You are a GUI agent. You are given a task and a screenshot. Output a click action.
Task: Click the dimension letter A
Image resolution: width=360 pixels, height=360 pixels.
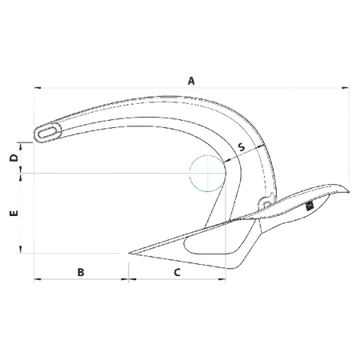click(191, 81)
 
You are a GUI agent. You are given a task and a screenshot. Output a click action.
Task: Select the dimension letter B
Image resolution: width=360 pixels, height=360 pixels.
click(81, 272)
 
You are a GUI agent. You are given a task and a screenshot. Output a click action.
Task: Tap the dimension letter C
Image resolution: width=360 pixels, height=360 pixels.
click(177, 272)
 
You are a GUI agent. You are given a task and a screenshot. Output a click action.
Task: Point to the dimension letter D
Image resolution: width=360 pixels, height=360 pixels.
click(14, 158)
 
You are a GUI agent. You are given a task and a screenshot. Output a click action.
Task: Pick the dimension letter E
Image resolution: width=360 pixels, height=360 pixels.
click(14, 213)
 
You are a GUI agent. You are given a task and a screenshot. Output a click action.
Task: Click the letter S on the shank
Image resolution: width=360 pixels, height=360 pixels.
click(241, 146)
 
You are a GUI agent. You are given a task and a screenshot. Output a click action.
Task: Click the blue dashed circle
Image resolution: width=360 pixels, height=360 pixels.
click(207, 174)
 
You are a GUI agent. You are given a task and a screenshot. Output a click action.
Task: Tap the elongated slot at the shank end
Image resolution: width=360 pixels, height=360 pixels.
click(48, 132)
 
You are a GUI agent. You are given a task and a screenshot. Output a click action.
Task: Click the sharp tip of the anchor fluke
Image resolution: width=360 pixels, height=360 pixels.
click(130, 253)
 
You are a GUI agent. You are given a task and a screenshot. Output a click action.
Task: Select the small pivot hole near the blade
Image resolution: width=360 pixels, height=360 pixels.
click(266, 204)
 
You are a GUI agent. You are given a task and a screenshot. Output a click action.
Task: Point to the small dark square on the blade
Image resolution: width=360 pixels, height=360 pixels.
click(310, 206)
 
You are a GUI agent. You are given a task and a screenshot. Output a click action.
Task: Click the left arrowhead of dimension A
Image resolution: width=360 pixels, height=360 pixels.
click(38, 87)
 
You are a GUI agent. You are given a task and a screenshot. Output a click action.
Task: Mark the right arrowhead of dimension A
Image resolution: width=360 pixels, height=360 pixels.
click(346, 87)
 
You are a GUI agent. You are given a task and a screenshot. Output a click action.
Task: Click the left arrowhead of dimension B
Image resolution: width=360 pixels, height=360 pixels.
click(38, 279)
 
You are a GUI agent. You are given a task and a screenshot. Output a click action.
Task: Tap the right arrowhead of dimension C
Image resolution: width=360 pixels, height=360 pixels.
click(222, 279)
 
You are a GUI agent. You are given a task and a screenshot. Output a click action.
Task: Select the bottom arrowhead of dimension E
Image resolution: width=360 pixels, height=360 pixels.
click(20, 250)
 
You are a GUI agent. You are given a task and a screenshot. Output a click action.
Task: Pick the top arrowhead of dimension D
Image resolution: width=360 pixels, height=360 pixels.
click(20, 146)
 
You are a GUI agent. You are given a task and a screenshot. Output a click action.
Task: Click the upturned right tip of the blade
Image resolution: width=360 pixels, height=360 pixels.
click(348, 191)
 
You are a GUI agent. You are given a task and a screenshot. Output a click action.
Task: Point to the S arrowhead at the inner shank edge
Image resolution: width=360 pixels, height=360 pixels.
click(226, 161)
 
